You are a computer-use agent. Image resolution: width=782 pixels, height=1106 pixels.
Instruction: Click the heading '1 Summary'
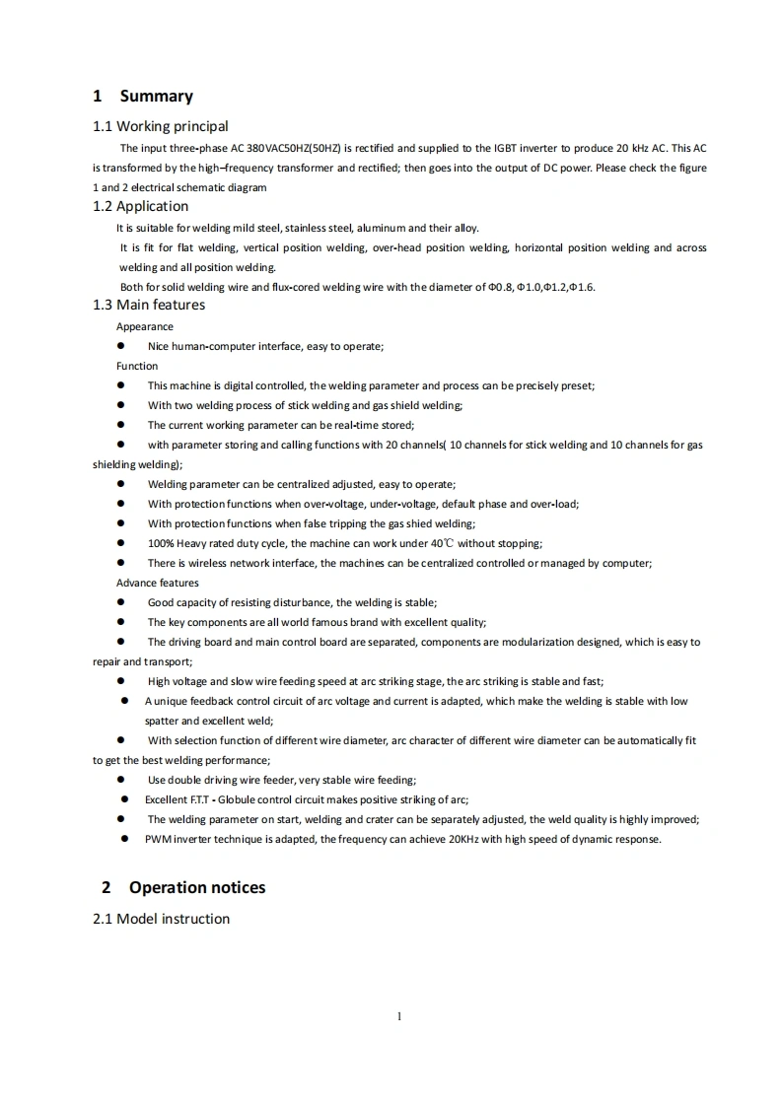(x=143, y=97)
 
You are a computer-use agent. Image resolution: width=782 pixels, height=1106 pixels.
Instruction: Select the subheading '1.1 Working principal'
(x=160, y=126)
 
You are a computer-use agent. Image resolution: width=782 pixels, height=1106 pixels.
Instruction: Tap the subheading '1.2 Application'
(x=140, y=206)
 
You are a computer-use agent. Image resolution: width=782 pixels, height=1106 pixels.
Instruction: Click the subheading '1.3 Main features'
(x=149, y=305)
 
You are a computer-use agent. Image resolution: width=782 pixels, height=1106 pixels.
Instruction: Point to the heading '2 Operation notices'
(x=183, y=887)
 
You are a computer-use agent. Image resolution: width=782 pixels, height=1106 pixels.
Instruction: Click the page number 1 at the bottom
(x=398, y=1016)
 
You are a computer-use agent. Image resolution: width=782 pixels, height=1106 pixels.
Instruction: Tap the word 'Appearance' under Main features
(x=145, y=326)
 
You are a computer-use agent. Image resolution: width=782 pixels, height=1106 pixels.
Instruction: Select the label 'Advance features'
(x=158, y=583)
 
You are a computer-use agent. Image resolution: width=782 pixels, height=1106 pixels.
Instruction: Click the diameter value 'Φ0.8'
(x=500, y=287)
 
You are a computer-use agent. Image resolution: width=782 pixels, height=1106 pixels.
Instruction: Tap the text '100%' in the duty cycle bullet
(x=161, y=543)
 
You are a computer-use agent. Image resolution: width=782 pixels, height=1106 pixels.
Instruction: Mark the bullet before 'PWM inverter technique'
(x=125, y=839)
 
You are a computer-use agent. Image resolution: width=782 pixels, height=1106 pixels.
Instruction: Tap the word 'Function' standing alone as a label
(x=137, y=366)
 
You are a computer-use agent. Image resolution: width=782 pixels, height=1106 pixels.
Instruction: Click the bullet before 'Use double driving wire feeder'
(x=121, y=780)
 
